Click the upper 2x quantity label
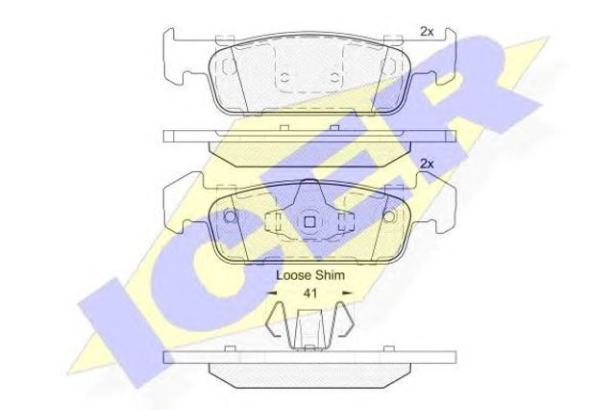click(x=427, y=32)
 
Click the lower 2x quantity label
click(x=427, y=164)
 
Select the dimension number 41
click(x=310, y=294)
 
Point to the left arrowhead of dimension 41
click(x=272, y=293)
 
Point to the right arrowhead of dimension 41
click(x=347, y=293)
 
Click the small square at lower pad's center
click(x=309, y=222)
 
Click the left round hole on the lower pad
click(x=231, y=217)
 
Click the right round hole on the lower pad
click(x=388, y=217)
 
